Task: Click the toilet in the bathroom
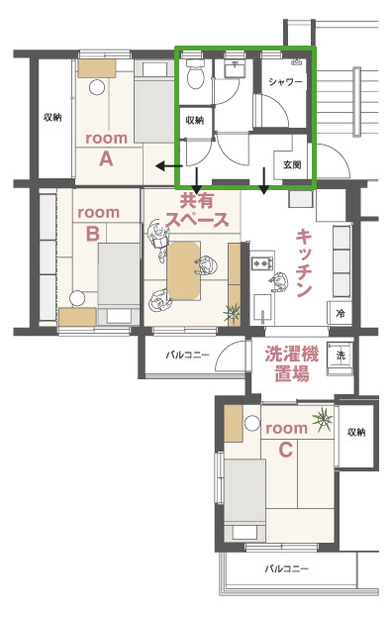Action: pyautogui.click(x=195, y=73)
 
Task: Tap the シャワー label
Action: pyautogui.click(x=286, y=82)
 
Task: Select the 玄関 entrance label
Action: pyautogui.click(x=292, y=164)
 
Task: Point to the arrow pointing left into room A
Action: pyautogui.click(x=168, y=166)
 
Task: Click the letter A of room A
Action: pyautogui.click(x=106, y=159)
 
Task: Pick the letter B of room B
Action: pyautogui.click(x=93, y=234)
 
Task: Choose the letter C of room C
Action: pyautogui.click(x=286, y=450)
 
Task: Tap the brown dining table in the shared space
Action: pyautogui.click(x=184, y=270)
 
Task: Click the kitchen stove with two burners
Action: pyautogui.click(x=262, y=261)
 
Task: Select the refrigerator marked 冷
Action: pyautogui.click(x=340, y=313)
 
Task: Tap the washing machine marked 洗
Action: pyautogui.click(x=341, y=355)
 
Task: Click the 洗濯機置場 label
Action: pyautogui.click(x=291, y=364)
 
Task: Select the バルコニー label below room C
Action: pyautogui.click(x=287, y=568)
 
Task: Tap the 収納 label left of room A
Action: pyautogui.click(x=52, y=117)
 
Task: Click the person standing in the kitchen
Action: pyautogui.click(x=279, y=281)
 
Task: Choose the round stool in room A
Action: pyautogui.click(x=97, y=87)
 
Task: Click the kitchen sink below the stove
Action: pyautogui.click(x=262, y=309)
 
